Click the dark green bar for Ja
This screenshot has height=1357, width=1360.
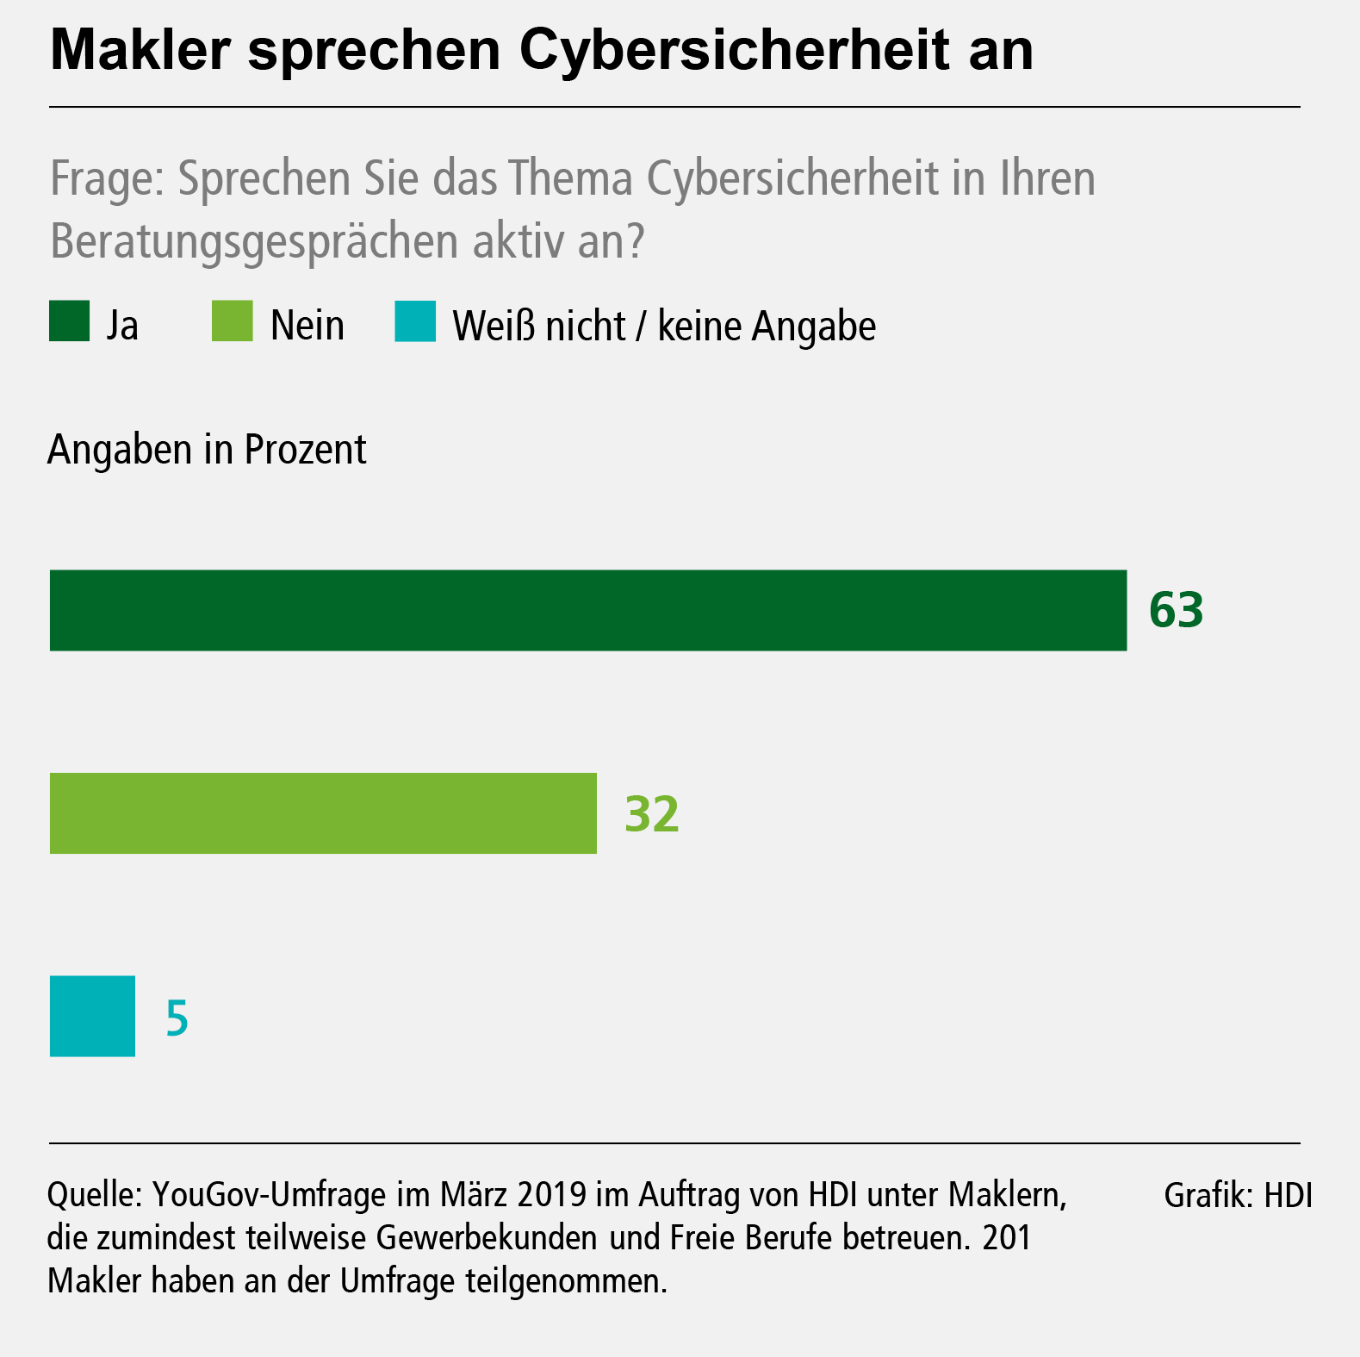(x=587, y=610)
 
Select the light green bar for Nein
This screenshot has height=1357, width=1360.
(x=323, y=813)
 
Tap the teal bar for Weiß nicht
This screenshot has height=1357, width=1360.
(x=92, y=1016)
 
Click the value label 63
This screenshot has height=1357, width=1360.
(x=1176, y=610)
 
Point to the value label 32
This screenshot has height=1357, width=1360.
(x=652, y=814)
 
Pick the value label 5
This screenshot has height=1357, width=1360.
(x=177, y=1018)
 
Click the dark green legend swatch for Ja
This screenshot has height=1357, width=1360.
(x=69, y=321)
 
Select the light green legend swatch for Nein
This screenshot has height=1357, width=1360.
(x=232, y=321)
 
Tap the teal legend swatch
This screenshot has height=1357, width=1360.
(x=415, y=321)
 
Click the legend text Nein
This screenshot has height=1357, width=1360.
(x=307, y=326)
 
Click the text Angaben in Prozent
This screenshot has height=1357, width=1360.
(x=207, y=450)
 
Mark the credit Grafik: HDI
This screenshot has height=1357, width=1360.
(x=1238, y=1195)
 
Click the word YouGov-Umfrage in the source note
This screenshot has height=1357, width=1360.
(x=269, y=1195)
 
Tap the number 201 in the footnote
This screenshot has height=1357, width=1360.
(x=1007, y=1238)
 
